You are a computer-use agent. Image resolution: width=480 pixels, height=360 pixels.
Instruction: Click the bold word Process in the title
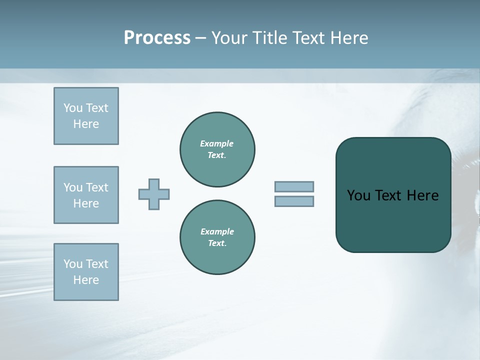tap(157, 38)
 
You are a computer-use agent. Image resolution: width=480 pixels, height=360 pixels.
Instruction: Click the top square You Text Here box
tap(86, 116)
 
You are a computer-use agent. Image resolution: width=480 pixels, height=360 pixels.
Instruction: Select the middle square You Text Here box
tap(86, 195)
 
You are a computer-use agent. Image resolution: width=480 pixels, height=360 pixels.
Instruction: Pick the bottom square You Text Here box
tap(86, 272)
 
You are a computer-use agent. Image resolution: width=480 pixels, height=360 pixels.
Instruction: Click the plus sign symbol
tap(154, 194)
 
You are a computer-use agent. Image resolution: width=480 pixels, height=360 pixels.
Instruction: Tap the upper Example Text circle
tap(217, 149)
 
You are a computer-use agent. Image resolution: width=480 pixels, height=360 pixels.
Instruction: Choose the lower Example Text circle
tap(217, 237)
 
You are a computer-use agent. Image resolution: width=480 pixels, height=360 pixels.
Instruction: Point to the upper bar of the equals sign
tap(294, 187)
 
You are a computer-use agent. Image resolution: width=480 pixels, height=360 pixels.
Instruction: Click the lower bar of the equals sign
tap(294, 201)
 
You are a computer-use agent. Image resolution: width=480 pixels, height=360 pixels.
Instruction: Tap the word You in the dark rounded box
tap(358, 195)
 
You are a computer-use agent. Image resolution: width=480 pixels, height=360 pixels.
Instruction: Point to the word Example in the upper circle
tap(217, 143)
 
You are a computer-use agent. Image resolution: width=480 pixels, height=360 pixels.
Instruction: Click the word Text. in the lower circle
tap(217, 243)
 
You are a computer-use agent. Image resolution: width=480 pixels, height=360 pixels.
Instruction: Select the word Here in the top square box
tap(86, 124)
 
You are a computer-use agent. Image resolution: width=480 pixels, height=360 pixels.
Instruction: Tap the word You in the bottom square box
tap(73, 264)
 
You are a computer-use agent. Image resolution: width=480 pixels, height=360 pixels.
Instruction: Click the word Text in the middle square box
tap(97, 187)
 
